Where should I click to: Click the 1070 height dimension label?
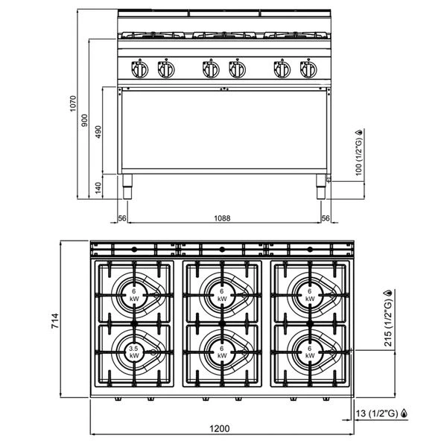(x=73, y=104)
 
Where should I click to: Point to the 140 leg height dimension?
(x=99, y=186)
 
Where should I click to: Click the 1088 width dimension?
(x=221, y=218)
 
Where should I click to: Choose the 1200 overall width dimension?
(x=221, y=428)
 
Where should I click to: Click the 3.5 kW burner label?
(x=134, y=351)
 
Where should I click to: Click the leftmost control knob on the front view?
(x=139, y=70)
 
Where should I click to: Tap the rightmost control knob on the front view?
(x=308, y=70)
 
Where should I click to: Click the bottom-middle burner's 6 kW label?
(x=221, y=351)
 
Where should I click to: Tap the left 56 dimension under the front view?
(x=121, y=218)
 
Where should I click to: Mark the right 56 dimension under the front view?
(x=326, y=218)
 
